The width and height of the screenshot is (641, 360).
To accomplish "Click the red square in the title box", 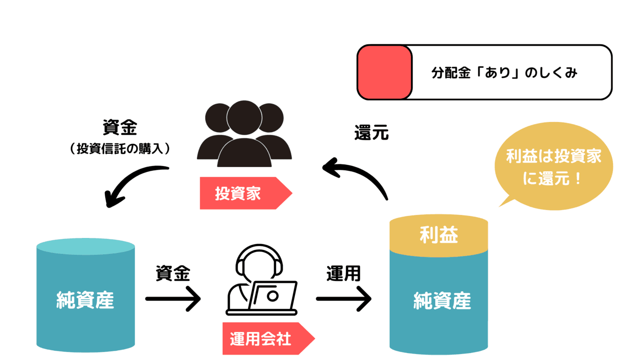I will point(385,72).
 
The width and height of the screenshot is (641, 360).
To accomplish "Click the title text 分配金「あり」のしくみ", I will point(504,73).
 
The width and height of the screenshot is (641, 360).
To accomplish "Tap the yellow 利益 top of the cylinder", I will point(439,234).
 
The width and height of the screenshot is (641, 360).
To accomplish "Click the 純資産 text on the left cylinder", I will point(85,300).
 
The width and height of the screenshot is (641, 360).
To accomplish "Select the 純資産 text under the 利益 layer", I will point(442,301).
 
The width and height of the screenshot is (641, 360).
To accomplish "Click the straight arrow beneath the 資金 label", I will point(173,299).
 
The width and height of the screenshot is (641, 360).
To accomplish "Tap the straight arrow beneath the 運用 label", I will point(343,299).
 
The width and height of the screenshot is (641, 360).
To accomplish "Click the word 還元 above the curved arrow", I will point(371,133).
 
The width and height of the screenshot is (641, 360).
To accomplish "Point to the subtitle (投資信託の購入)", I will point(120,149).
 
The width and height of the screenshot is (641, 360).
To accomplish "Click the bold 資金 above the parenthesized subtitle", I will point(120,128).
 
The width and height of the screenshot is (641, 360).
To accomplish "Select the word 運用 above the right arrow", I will point(343,274).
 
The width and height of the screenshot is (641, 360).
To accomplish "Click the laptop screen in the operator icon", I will point(272,295).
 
